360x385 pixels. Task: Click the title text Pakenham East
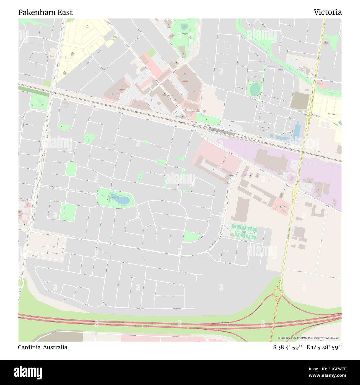(45, 12)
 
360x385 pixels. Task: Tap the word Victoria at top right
(327, 12)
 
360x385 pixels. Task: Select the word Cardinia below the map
(29, 347)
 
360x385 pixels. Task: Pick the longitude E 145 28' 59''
(324, 347)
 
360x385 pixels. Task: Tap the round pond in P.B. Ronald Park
(184, 27)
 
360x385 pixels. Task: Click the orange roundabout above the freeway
(277, 293)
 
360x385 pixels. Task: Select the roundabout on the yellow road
(295, 190)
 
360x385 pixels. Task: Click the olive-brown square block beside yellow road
(300, 101)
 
